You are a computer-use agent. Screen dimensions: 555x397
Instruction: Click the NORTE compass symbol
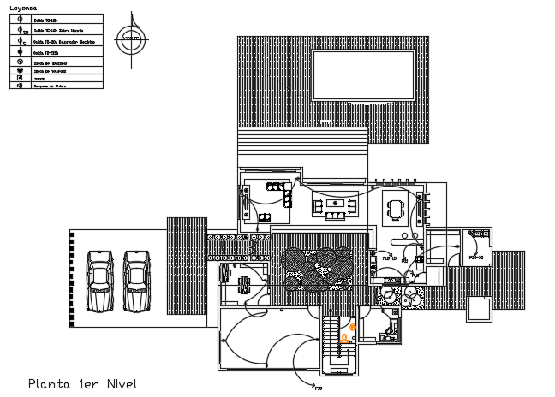coord(131,39)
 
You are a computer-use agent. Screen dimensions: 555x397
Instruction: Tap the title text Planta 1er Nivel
coord(82,383)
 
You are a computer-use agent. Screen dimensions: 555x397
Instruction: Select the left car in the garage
coord(100,280)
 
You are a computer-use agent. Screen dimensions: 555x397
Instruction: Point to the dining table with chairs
coord(396,209)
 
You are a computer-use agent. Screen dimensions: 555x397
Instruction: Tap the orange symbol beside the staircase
coord(351,327)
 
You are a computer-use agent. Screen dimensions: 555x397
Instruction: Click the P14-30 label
coord(477,256)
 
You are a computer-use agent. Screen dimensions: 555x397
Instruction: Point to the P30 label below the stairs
coord(319,388)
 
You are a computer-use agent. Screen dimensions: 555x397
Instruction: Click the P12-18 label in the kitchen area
coord(390,256)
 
